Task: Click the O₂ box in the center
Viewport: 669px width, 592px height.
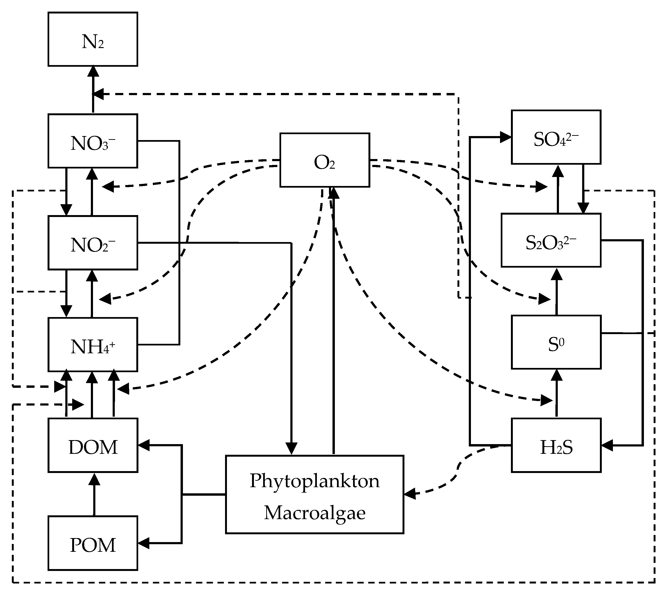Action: coord(325,160)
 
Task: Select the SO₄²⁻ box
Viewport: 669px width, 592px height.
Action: coord(556,137)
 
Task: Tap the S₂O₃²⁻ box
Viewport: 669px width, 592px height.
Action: coord(551,240)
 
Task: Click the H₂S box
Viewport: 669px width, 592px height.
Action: coord(556,445)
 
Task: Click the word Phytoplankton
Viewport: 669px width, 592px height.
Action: coord(315,481)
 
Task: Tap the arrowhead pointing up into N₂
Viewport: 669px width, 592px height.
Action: coord(93,71)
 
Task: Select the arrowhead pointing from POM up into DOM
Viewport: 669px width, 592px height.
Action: coord(94,479)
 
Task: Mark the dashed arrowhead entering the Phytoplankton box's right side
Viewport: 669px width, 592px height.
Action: coord(410,494)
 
